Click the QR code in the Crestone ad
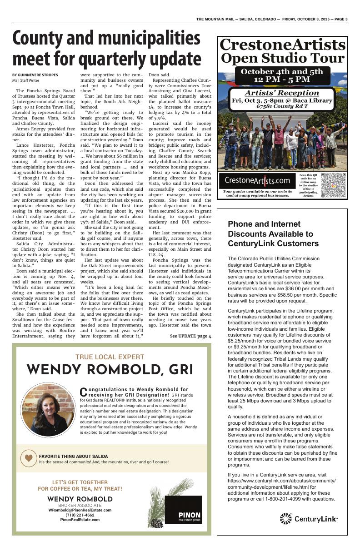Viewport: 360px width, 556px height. tap(333, 184)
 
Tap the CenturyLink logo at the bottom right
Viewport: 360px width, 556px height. tap(309, 519)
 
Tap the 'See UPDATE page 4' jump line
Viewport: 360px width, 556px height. tap(190, 336)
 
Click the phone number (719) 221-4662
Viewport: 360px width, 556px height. tap(80, 515)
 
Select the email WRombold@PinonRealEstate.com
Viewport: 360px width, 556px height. tap(80, 510)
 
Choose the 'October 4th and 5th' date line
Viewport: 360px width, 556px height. tap(282, 72)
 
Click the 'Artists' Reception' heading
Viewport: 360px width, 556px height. tap(282, 93)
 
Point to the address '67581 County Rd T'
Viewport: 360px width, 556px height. tap(282, 106)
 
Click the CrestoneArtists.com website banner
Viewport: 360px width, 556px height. tap(257, 181)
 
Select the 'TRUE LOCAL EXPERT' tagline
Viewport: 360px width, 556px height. tap(110, 357)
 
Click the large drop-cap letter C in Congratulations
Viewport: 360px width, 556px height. tap(83, 391)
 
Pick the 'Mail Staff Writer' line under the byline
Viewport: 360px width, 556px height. tap(25, 80)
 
